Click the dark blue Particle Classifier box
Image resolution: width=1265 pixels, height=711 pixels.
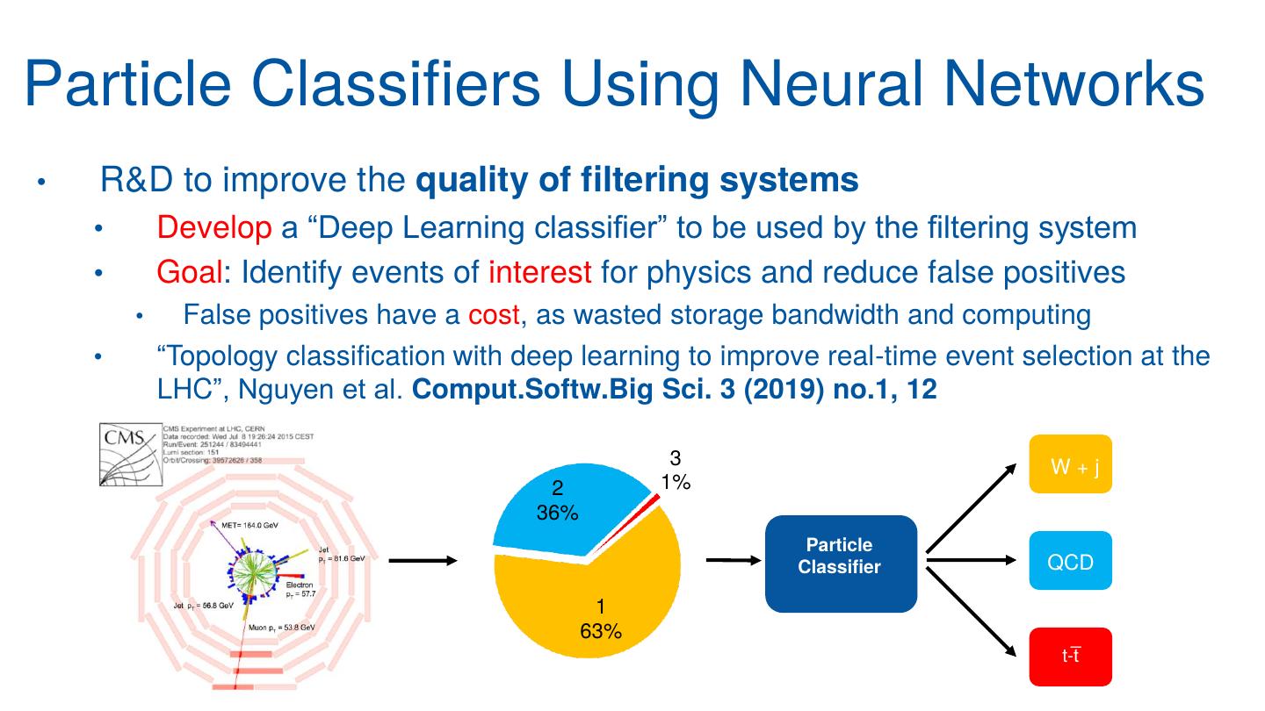(x=840, y=564)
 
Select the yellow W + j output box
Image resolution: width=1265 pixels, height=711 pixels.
(x=1070, y=464)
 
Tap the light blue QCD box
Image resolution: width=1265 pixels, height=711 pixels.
(x=1070, y=561)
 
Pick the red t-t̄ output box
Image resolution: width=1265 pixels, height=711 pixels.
(x=1070, y=657)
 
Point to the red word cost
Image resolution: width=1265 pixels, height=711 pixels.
(x=494, y=313)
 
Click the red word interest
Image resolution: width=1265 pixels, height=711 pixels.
(x=540, y=273)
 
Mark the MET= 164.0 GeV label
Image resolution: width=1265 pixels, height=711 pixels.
(x=249, y=524)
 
